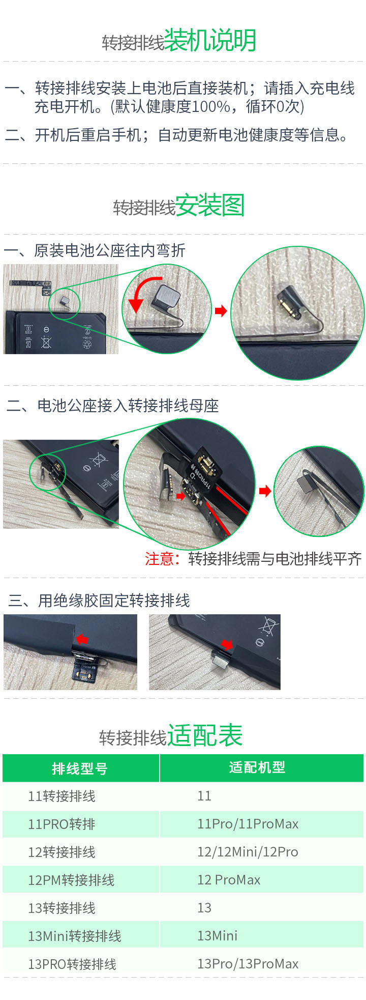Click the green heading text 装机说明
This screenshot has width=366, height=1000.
[210, 41]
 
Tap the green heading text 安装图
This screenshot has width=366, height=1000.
[210, 206]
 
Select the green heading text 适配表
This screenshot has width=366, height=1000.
[205, 735]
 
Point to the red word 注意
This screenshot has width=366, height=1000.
[159, 559]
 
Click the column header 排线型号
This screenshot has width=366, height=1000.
[80, 768]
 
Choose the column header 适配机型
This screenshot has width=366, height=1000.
[257, 767]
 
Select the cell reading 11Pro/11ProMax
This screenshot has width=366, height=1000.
[248, 824]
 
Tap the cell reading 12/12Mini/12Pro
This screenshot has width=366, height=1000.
[248, 852]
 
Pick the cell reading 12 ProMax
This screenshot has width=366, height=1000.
[229, 880]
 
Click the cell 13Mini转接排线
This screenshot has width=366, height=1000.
[74, 936]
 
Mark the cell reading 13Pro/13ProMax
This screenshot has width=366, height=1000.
[248, 964]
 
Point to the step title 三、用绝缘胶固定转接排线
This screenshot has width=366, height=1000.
[99, 601]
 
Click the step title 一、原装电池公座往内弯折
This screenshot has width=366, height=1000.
[95, 251]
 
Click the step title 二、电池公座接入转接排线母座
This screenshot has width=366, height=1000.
[112, 406]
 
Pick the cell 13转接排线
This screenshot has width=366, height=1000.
[62, 908]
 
